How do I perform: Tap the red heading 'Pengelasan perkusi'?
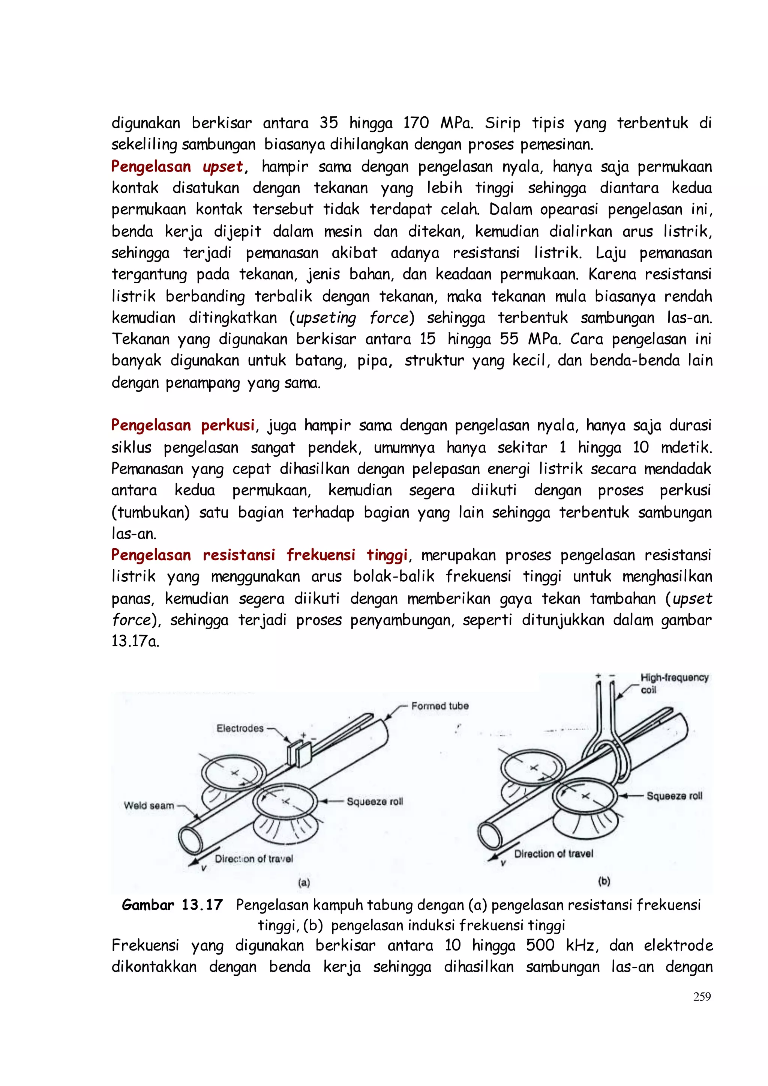pyautogui.click(x=183, y=425)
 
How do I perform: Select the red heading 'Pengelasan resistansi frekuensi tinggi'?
pyautogui.click(x=259, y=555)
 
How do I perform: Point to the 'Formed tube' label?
pyautogui.click(x=440, y=706)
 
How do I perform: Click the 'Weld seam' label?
pyautogui.click(x=149, y=805)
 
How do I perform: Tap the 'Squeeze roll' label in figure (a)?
pyautogui.click(x=375, y=802)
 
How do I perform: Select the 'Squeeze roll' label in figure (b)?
pyautogui.click(x=674, y=796)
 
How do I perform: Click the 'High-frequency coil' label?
pyautogui.click(x=673, y=683)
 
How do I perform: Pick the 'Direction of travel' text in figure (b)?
pyautogui.click(x=553, y=854)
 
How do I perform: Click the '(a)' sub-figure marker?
pyautogui.click(x=304, y=883)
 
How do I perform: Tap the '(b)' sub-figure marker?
pyautogui.click(x=604, y=881)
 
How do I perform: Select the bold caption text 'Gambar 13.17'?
pyautogui.click(x=172, y=905)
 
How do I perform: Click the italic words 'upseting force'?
pyautogui.click(x=352, y=317)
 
